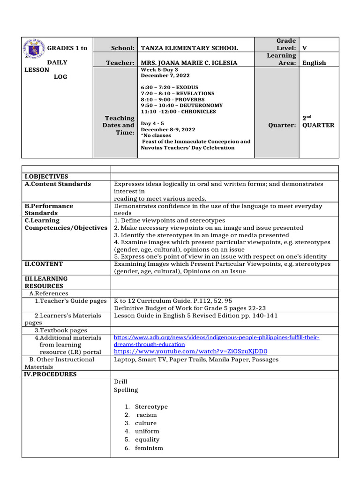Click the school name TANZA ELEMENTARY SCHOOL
click(189, 48)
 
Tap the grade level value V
click(305, 48)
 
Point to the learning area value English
click(314, 63)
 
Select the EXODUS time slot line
click(169, 88)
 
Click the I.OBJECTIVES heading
click(46, 177)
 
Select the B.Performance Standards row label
click(49, 210)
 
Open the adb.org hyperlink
click(217, 341)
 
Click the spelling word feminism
click(149, 448)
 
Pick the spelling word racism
click(147, 415)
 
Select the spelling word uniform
click(147, 431)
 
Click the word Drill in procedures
click(120, 382)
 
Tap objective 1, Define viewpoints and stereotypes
click(169, 220)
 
